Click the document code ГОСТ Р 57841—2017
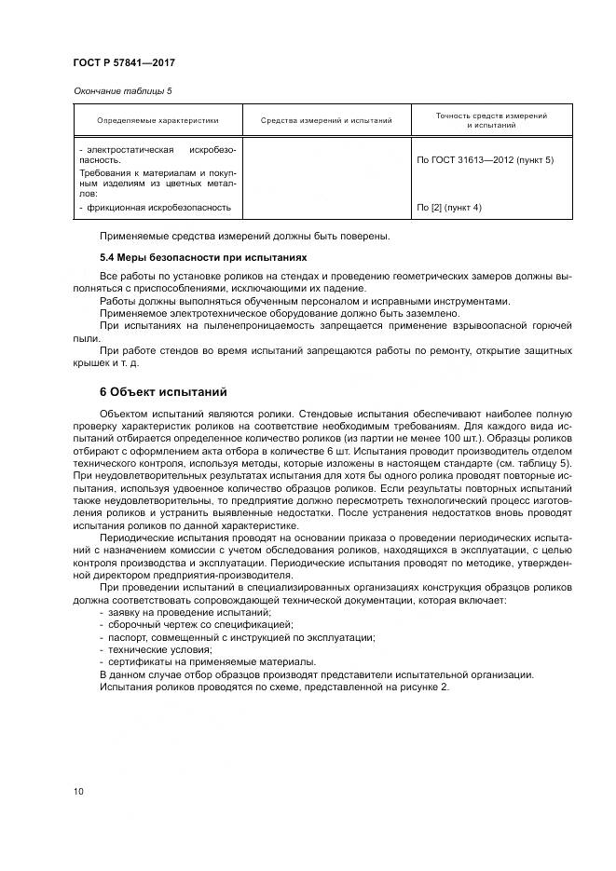pos(124,63)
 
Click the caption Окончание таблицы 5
pos(122,90)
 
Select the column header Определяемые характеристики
pos(157,120)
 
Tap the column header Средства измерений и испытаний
pos(326,120)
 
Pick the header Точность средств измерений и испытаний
pos(491,120)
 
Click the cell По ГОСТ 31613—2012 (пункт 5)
pos(485,160)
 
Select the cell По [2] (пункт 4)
pos(449,207)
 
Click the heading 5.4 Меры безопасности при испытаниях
pos(203,256)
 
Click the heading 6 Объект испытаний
pos(162,391)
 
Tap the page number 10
pos(78,792)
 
